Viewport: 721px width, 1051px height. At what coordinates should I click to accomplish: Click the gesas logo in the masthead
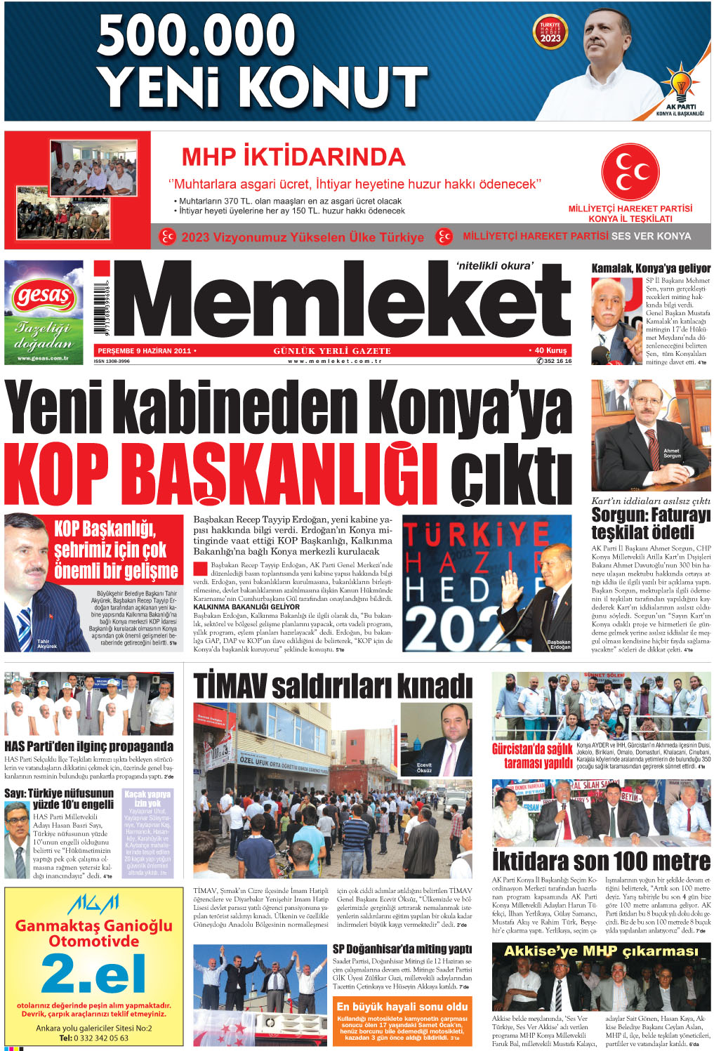tap(44, 296)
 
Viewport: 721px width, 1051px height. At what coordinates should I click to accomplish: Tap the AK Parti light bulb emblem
tap(681, 84)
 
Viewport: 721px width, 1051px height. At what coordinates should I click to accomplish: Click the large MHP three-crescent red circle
tap(630, 171)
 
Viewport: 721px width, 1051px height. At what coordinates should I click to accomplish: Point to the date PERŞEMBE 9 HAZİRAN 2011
tap(145, 350)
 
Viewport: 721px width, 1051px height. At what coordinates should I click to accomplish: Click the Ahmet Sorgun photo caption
tap(672, 453)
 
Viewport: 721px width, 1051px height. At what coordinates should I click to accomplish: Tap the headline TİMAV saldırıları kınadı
tap(333, 686)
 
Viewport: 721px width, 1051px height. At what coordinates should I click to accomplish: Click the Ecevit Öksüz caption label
tap(424, 767)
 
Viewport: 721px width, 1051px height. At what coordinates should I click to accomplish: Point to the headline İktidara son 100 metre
tap(601, 861)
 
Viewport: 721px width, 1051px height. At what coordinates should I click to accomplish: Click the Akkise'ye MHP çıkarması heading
tap(601, 951)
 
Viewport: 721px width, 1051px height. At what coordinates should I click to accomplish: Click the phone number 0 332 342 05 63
tap(93, 1038)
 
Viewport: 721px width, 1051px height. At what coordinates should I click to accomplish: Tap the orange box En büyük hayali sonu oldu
tap(402, 1006)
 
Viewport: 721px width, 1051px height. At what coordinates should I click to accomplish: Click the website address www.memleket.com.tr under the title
tap(334, 361)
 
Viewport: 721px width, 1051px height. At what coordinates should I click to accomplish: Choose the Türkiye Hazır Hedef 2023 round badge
tap(550, 33)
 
